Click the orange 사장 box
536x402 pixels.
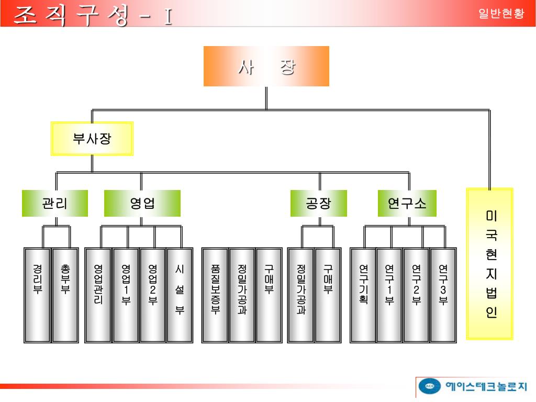(266, 66)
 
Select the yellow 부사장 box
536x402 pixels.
(92, 139)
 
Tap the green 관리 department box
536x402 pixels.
(54, 203)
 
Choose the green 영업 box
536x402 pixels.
(142, 203)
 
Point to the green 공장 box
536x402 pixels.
(318, 203)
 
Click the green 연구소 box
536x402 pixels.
(407, 203)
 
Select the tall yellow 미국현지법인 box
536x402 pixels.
(490, 263)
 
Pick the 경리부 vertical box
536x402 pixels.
(37, 295)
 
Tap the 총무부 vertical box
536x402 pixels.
(65, 295)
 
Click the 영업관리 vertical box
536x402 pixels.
(98, 295)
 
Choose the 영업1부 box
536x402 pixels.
(126, 295)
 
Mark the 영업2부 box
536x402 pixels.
(153, 295)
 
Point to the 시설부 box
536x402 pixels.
(180, 295)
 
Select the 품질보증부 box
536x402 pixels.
(215, 295)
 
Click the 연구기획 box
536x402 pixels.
(363, 295)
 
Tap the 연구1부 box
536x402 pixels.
(389, 295)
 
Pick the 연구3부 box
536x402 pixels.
(443, 295)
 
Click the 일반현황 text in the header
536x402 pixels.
(501, 14)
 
